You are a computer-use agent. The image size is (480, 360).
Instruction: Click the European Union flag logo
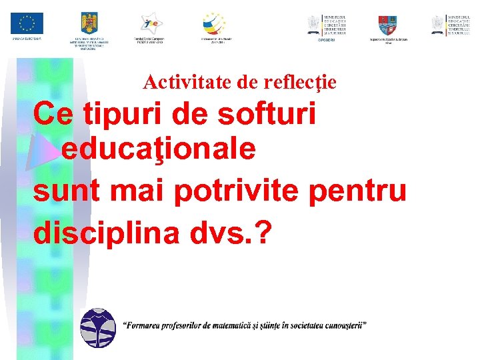(x=27, y=24)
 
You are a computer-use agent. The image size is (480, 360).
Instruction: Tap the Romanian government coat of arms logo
(x=89, y=24)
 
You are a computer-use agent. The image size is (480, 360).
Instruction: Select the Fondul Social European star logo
(x=150, y=23)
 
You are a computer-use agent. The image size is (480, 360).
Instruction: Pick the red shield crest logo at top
(x=388, y=25)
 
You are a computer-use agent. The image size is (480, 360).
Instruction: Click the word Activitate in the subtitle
(x=175, y=82)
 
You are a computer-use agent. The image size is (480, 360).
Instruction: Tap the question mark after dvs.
(x=265, y=233)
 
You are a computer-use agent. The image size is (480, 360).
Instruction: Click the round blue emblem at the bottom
(x=98, y=329)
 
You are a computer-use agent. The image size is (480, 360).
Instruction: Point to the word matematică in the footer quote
(x=229, y=326)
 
